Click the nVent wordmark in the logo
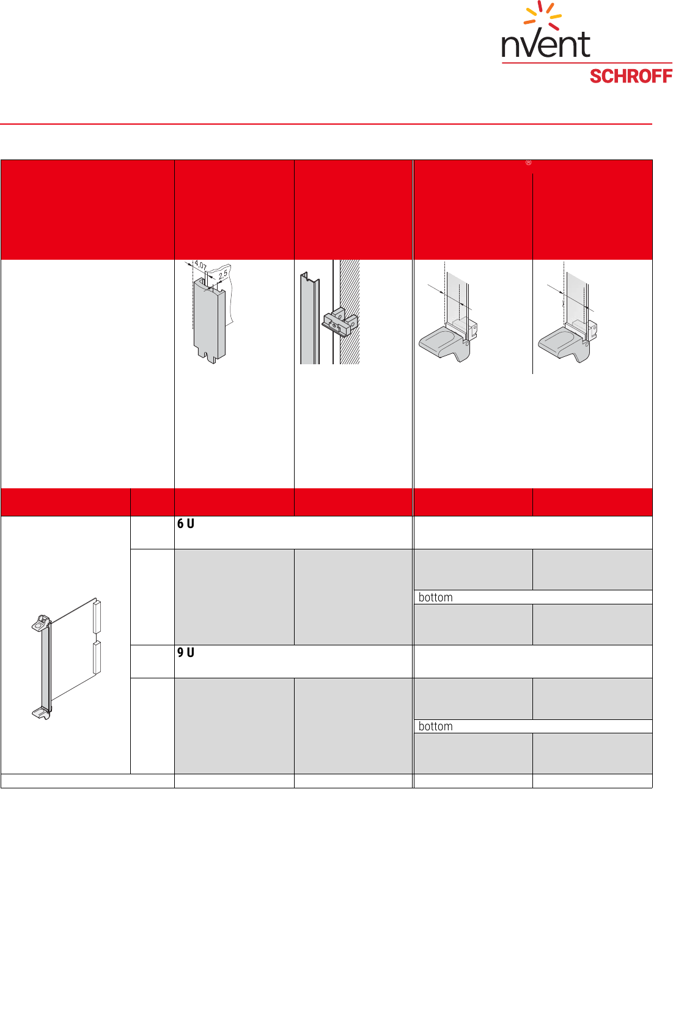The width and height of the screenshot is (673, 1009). click(545, 44)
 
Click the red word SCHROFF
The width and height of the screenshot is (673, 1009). click(631, 76)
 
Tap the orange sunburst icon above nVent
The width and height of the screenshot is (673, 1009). click(542, 15)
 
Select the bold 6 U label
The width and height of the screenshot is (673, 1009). click(186, 523)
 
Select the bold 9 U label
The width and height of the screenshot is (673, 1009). click(186, 652)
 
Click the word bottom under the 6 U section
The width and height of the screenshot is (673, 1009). click(435, 597)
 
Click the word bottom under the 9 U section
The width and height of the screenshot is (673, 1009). click(435, 726)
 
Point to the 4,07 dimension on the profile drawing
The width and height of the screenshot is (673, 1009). click(200, 265)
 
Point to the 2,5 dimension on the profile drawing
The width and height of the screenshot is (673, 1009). click(223, 274)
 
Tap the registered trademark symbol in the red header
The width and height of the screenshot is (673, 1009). click(528, 163)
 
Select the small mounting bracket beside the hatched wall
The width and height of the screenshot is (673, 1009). click(340, 322)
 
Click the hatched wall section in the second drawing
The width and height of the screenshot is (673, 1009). click(350, 312)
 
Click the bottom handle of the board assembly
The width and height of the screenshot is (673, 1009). click(41, 713)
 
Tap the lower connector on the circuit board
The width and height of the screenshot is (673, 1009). click(97, 658)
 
